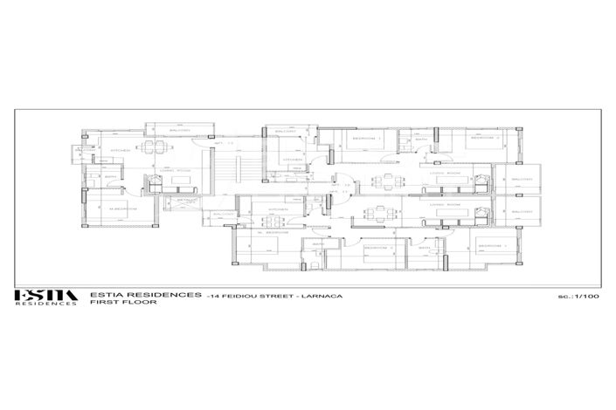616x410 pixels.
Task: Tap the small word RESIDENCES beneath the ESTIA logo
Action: tap(45, 304)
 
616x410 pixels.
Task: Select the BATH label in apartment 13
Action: tap(111, 178)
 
